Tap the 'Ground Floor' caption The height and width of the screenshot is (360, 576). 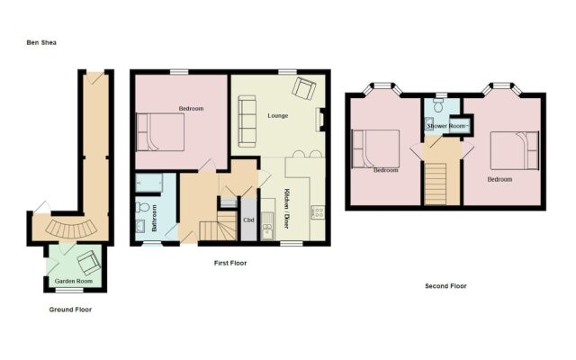pos(70,310)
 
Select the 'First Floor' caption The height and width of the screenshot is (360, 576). pos(230,264)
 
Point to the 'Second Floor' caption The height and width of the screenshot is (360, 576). pos(445,286)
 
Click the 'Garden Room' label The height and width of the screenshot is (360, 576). pos(73,281)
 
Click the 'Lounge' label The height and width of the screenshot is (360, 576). pos(278,115)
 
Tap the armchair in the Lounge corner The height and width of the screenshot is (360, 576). pos(303,89)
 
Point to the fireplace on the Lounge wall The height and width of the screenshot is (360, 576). pos(321,119)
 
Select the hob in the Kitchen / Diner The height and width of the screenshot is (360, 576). pos(317,213)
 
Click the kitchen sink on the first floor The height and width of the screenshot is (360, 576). pos(267,230)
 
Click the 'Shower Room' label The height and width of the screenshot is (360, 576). pos(445,126)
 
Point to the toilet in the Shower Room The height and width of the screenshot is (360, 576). pos(437,105)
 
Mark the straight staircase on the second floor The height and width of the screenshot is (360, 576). pos(436,181)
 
